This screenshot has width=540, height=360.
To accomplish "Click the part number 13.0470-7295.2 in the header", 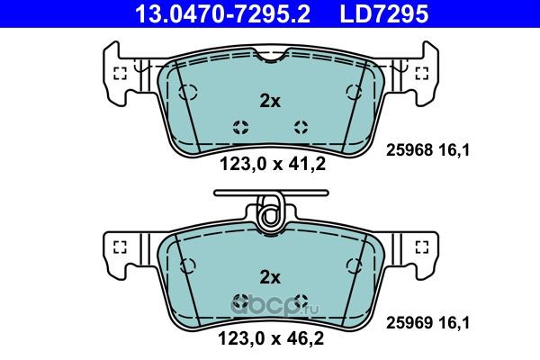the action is [222, 13].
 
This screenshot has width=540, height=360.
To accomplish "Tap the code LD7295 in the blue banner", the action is [384, 13].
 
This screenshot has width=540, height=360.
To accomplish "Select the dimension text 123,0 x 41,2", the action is [273, 165].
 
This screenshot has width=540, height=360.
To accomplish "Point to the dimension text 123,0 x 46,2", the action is [271, 338].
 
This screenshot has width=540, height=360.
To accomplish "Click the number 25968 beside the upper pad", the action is [409, 150].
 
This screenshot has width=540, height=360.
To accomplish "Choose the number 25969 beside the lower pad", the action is [409, 323].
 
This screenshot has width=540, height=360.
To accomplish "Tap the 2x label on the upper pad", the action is [270, 102].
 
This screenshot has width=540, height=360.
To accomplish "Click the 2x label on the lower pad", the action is [270, 277].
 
